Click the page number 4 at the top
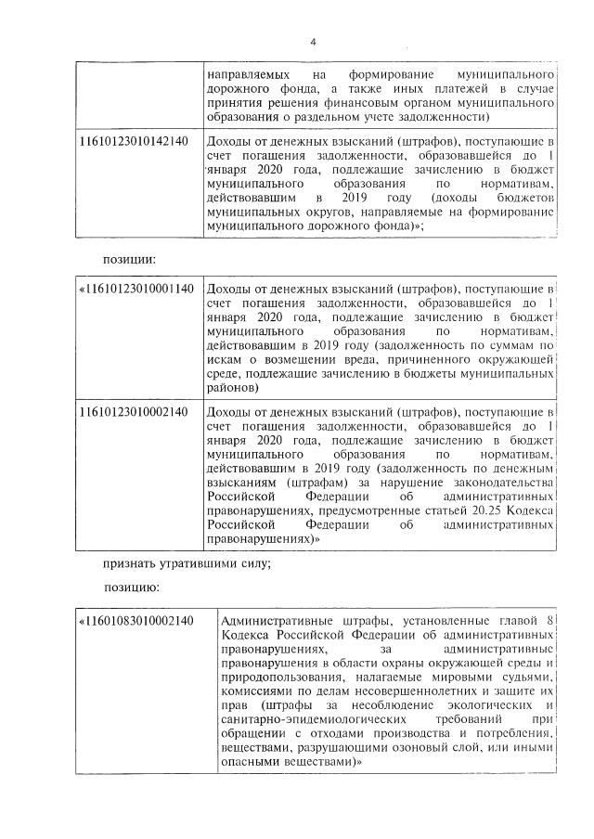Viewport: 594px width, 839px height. point(313,42)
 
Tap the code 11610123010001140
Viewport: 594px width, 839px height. point(139,289)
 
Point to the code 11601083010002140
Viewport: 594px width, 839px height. point(139,620)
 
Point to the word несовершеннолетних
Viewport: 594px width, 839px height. point(408,692)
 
